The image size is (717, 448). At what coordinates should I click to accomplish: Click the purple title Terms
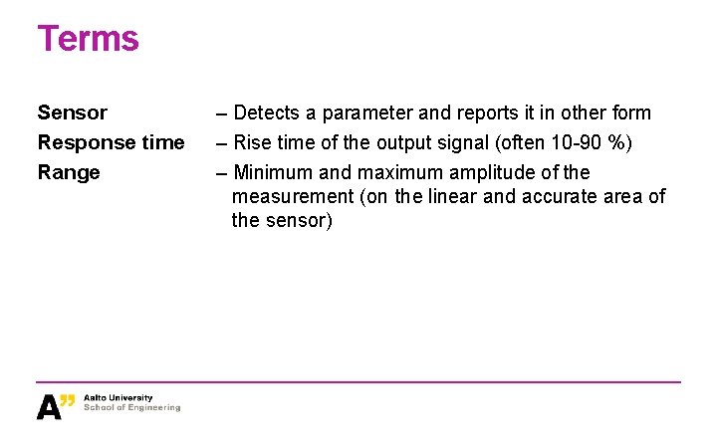tap(88, 39)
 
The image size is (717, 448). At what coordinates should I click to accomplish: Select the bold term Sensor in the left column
tap(72, 112)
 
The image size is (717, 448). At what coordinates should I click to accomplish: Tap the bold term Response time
tap(111, 142)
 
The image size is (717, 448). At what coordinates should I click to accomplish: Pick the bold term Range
tap(69, 172)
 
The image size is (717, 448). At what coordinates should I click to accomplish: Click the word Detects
tap(266, 112)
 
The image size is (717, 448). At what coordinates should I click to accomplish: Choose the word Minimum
tap(273, 172)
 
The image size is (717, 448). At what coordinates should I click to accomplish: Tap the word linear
tap(453, 196)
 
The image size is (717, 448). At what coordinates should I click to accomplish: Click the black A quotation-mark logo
tap(56, 405)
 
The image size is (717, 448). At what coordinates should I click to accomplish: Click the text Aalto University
tap(119, 398)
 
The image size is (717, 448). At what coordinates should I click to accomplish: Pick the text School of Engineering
tap(132, 408)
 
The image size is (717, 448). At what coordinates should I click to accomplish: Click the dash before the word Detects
tap(222, 112)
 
